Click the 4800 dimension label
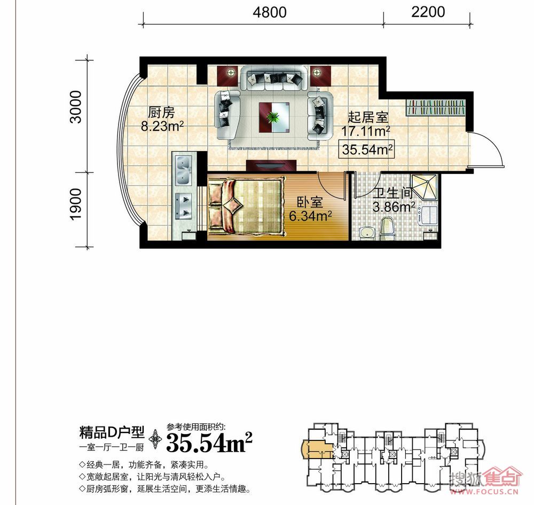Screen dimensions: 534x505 [x=269, y=12]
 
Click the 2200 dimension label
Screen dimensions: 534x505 [x=428, y=12]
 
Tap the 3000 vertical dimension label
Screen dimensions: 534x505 [x=76, y=107]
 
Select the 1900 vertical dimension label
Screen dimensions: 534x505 [x=76, y=204]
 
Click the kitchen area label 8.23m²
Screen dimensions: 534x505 [x=162, y=127]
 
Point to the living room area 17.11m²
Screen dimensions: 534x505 [x=365, y=131]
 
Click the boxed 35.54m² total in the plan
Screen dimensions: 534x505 [x=366, y=149]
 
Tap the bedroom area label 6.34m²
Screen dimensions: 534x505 [x=310, y=216]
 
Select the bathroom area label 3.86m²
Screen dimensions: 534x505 [x=394, y=207]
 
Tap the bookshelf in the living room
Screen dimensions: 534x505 [x=435, y=108]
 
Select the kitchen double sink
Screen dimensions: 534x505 [x=183, y=170]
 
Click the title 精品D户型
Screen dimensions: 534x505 [x=112, y=432]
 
